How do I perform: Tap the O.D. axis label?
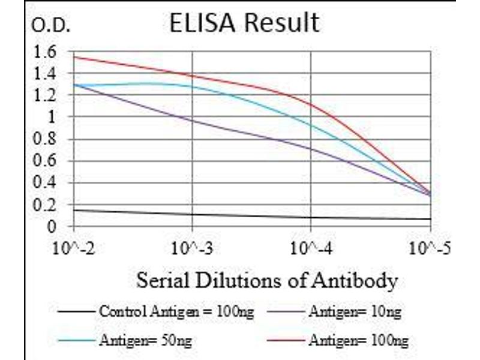(51, 26)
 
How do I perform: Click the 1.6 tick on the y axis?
(45, 52)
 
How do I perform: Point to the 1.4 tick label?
(45, 74)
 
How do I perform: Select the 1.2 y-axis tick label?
(45, 96)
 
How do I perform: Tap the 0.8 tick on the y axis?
(45, 140)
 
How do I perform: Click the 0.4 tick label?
(45, 184)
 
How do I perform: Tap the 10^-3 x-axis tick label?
(192, 247)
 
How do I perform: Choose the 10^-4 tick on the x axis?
(311, 247)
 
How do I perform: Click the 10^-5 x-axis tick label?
(430, 247)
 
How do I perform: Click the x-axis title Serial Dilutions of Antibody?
(267, 280)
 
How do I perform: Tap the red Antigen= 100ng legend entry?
(358, 341)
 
